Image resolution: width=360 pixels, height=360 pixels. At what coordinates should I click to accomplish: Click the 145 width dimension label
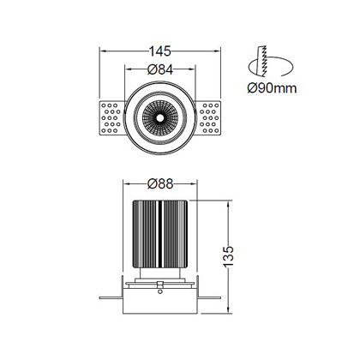[160, 51]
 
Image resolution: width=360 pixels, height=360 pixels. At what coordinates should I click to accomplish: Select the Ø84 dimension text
[160, 69]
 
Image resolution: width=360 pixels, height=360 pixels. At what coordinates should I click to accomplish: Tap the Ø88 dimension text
[160, 183]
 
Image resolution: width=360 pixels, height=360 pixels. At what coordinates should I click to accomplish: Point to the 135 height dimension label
[228, 256]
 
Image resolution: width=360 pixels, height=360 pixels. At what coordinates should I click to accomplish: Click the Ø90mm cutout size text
[272, 88]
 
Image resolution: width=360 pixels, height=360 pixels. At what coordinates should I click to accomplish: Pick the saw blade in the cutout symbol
[263, 61]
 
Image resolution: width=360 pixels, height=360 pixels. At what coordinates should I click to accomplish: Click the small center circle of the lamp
[160, 117]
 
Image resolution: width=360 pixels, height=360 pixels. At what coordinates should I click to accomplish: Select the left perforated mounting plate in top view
[111, 118]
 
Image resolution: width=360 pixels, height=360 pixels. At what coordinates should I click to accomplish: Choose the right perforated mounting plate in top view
[208, 118]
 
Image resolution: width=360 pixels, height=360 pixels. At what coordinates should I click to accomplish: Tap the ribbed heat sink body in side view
[160, 234]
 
